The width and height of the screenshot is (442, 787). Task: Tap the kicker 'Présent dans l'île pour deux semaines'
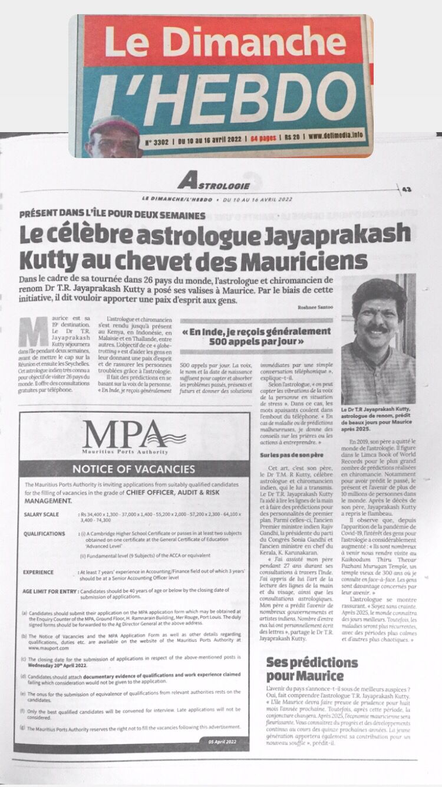click(x=113, y=215)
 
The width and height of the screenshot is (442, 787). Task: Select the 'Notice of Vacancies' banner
click(x=133, y=469)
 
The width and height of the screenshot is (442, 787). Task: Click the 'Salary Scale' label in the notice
click(x=41, y=515)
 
